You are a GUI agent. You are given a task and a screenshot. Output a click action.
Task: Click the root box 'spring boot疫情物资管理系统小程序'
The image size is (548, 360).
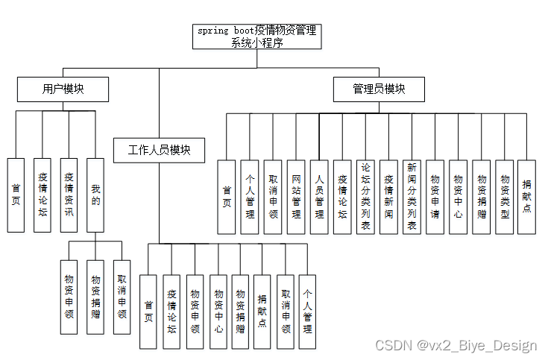[256, 36]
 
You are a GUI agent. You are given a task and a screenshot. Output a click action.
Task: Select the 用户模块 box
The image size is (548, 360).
[63, 89]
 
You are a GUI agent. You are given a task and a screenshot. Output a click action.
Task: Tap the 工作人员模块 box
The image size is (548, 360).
[160, 150]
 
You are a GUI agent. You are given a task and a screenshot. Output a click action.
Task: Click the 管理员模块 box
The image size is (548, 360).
[379, 89]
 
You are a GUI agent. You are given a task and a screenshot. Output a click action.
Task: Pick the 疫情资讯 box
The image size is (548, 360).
[69, 195]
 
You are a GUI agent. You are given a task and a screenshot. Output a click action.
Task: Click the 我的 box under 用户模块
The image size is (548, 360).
[95, 195]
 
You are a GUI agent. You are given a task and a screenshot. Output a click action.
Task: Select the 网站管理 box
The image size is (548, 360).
[296, 197]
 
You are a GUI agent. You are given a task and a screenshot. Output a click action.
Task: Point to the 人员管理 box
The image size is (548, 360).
[319, 197]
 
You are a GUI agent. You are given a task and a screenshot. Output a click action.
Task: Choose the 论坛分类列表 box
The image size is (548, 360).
[365, 197]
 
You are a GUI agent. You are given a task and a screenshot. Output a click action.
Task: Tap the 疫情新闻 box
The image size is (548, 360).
[388, 197]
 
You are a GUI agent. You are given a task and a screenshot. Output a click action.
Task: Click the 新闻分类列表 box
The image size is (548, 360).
[412, 197]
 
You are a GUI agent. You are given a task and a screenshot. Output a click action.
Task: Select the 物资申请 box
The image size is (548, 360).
[435, 197]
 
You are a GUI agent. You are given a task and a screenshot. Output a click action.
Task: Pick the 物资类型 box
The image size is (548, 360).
[504, 197]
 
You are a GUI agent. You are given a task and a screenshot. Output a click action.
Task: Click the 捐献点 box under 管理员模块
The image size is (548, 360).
[526, 197]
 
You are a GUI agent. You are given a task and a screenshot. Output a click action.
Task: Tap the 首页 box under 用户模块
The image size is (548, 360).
[16, 195]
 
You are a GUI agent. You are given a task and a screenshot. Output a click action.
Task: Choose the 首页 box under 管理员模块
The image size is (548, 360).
[227, 197]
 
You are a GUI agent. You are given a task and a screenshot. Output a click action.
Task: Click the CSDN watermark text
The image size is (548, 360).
[456, 345]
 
